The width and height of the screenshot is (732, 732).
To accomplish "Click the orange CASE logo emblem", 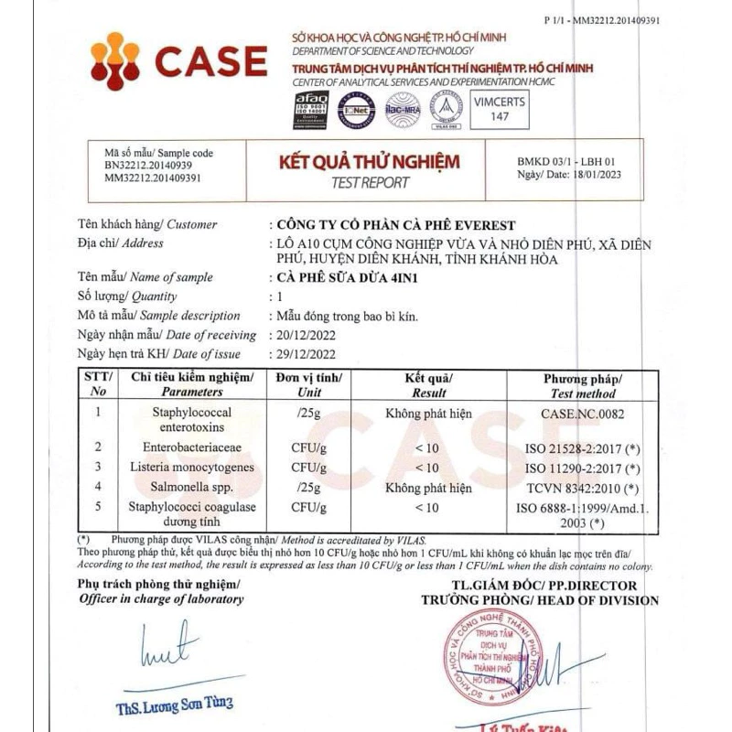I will pyautogui.click(x=116, y=61).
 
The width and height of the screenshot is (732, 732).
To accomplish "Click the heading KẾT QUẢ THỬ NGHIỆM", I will pyautogui.click(x=369, y=163).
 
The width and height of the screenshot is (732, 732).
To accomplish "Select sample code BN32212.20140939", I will pyautogui.click(x=148, y=166).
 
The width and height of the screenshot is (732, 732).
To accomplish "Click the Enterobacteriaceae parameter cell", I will pyautogui.click(x=191, y=447).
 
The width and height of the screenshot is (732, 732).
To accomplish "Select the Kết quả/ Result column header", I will pyautogui.click(x=428, y=384).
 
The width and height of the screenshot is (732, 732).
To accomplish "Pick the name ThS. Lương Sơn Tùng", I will pyautogui.click(x=174, y=704).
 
